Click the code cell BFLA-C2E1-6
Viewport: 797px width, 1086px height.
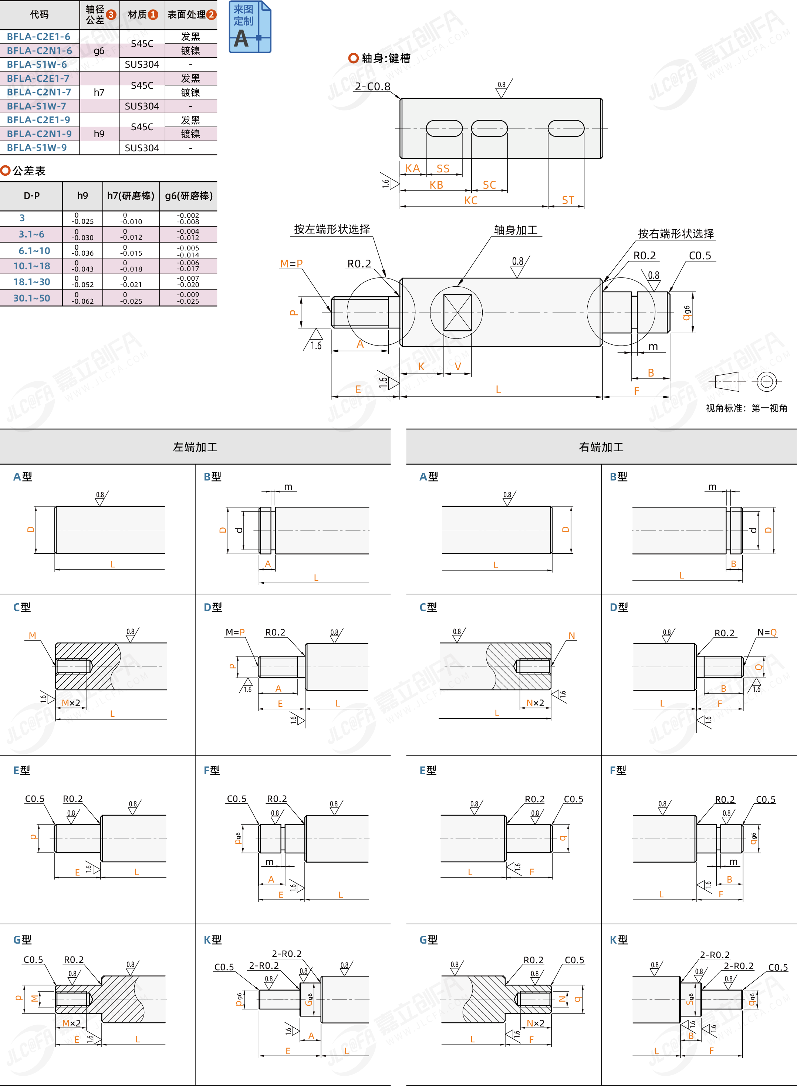click(x=38, y=37)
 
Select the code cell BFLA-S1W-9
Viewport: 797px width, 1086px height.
click(x=37, y=148)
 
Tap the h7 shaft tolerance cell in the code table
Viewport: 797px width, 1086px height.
click(x=99, y=92)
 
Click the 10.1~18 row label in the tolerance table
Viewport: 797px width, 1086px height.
click(x=32, y=266)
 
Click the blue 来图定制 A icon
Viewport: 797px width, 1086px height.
click(x=249, y=27)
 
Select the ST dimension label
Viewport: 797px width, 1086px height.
click(x=568, y=200)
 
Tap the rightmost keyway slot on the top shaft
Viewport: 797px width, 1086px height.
click(x=566, y=128)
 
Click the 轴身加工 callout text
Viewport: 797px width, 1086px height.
click(x=516, y=230)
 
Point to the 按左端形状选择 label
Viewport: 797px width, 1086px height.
click(x=332, y=229)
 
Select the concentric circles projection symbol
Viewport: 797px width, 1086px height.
click(x=766, y=382)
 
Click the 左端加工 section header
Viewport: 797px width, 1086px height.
click(x=195, y=447)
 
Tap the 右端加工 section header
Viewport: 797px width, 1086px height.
click(x=601, y=447)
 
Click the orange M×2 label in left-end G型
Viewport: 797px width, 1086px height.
click(x=71, y=1023)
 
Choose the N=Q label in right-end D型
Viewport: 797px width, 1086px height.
click(x=767, y=633)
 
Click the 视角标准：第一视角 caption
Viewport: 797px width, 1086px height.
click(x=746, y=408)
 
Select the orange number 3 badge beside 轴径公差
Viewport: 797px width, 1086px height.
click(x=111, y=14)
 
